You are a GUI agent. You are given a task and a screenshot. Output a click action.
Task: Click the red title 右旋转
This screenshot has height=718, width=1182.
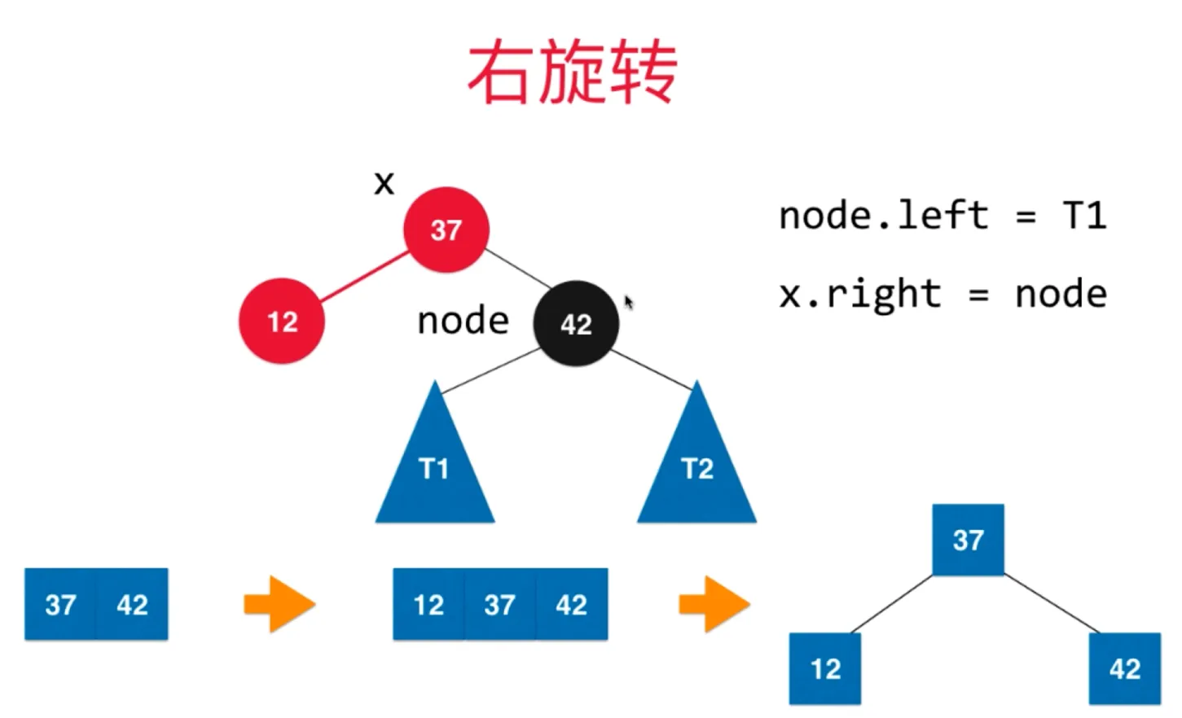pos(572,73)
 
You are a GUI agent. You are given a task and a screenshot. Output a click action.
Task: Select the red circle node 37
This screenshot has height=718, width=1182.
pos(446,230)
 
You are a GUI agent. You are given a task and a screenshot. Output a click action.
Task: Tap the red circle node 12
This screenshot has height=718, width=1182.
pos(282,322)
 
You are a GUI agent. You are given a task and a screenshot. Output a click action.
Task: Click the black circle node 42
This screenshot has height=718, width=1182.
pos(576,323)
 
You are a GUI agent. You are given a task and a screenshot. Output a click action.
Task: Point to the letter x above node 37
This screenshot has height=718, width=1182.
pos(384,182)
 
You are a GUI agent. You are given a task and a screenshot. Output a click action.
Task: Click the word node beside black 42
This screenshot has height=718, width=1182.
pos(463,321)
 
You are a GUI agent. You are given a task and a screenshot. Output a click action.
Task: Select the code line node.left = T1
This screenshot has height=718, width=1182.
pos(943,216)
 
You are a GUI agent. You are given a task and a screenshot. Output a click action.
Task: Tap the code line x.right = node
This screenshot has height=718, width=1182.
pos(943,294)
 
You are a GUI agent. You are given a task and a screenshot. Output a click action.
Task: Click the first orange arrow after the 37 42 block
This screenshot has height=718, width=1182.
pos(279,604)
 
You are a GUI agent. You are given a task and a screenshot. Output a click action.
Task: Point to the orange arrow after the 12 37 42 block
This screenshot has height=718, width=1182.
pos(714,604)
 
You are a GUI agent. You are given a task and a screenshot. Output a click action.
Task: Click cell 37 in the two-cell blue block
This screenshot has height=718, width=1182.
pos(61,604)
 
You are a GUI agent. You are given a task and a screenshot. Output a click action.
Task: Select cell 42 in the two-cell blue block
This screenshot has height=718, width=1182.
pos(132,604)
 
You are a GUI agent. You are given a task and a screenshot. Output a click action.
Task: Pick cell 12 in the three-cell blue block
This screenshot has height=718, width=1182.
pos(428,604)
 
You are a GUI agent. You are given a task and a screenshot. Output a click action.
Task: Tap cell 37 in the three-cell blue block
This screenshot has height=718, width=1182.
pos(499,604)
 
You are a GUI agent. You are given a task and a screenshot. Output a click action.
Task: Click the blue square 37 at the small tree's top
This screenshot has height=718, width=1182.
pos(968,539)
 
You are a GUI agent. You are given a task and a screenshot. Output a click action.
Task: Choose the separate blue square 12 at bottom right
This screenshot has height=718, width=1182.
pos(825,668)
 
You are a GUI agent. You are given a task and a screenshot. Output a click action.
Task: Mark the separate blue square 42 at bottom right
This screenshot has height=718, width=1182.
pos(1124,668)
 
